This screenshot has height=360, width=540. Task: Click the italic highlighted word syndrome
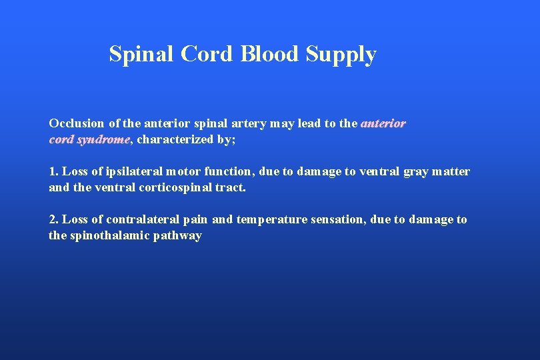103,140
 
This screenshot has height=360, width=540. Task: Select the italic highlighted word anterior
383,123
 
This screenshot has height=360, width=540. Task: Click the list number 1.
53,172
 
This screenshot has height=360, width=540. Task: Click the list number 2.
53,219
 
